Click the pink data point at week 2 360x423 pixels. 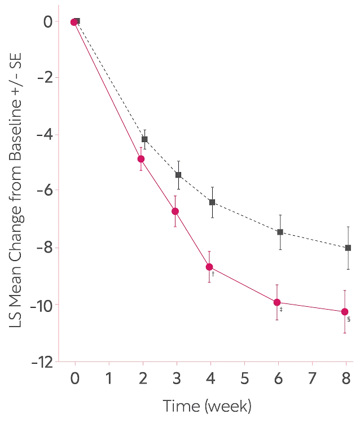coord(141,160)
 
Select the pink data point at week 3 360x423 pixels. coord(175,211)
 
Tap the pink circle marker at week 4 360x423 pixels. coord(210,267)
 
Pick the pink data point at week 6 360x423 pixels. coord(277,302)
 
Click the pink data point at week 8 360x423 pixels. coord(345,311)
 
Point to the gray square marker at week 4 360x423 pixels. coord(212,202)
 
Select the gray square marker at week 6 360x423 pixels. coord(280,232)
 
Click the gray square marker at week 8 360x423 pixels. coord(348,248)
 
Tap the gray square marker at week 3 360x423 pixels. coord(178,175)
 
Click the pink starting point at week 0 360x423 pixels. coord(73,22)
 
